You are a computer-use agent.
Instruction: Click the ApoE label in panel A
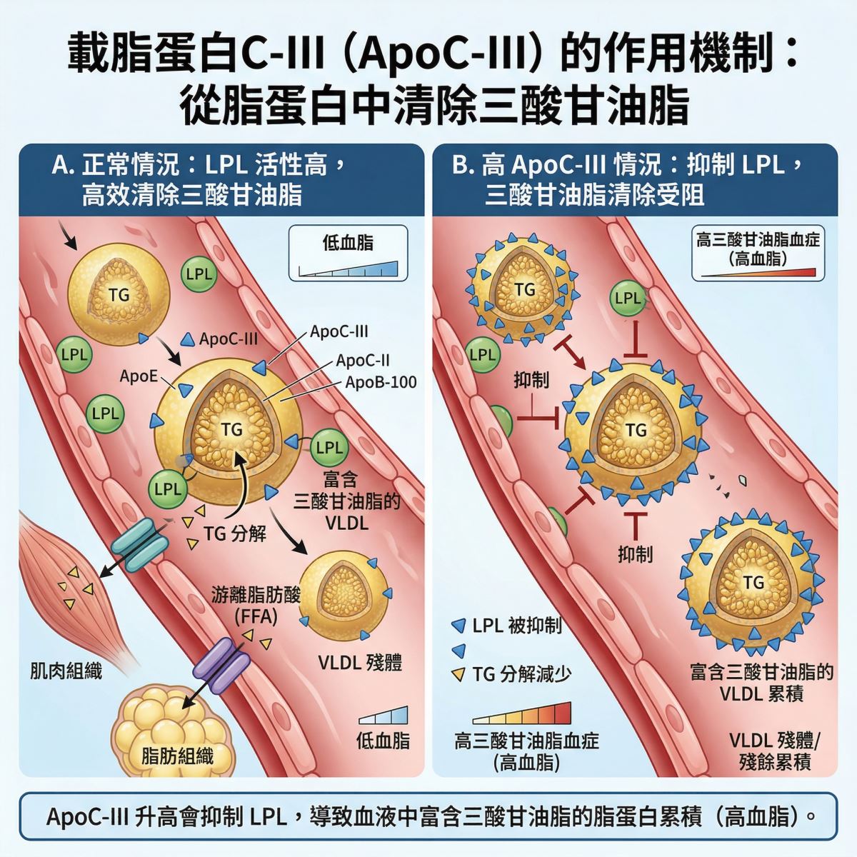coord(139,376)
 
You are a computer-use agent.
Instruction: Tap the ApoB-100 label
coord(381,383)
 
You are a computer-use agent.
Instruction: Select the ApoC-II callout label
coord(363,360)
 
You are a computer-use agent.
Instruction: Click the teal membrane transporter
coord(139,544)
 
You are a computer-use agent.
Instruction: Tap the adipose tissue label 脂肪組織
coord(177,756)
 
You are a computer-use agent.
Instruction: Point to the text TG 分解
coord(235,533)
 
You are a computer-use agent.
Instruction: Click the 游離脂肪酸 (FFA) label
coord(256,605)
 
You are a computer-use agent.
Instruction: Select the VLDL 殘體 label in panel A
coord(360,663)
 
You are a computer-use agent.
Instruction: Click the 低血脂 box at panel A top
coord(349,253)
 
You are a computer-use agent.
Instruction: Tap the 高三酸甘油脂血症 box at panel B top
coord(758,253)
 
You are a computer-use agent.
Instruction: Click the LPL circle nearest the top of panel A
coord(199,274)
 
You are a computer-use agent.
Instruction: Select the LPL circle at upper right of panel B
coord(628,298)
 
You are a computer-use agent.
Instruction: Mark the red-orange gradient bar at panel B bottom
coord(521,713)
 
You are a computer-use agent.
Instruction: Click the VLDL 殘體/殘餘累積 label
coord(775,751)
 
